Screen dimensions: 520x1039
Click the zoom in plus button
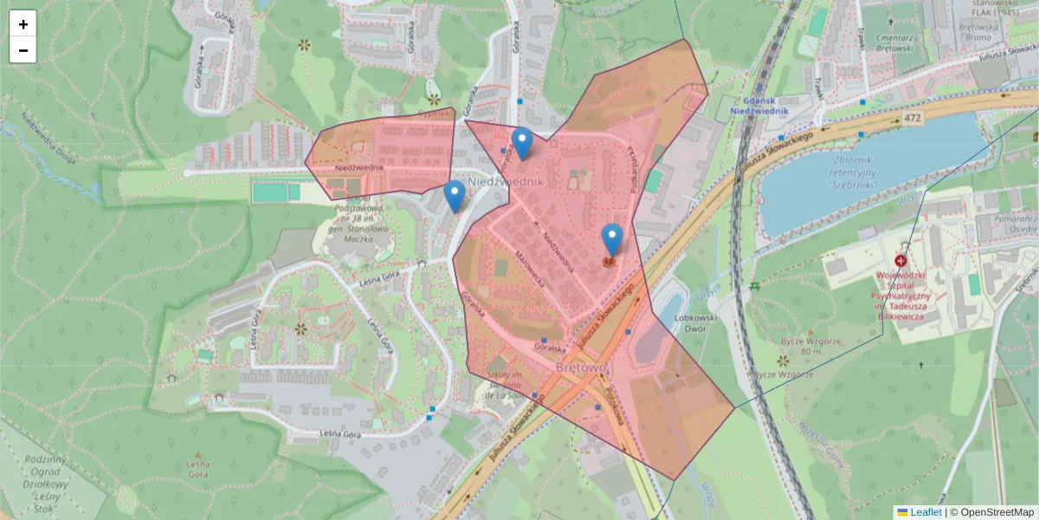[23, 24]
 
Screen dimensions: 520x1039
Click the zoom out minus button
[23, 50]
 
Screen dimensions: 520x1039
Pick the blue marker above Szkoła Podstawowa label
[455, 196]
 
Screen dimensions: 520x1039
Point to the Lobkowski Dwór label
[680, 323]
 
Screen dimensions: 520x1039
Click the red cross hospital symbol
[900, 261]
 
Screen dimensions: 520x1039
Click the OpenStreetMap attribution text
[995, 512]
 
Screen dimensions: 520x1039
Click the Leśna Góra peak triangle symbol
[198, 454]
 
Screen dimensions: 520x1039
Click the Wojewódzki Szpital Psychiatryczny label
[902, 296]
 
